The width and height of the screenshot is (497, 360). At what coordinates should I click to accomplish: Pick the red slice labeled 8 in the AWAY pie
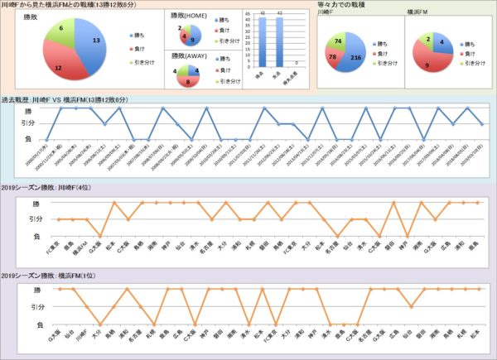[191, 80]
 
